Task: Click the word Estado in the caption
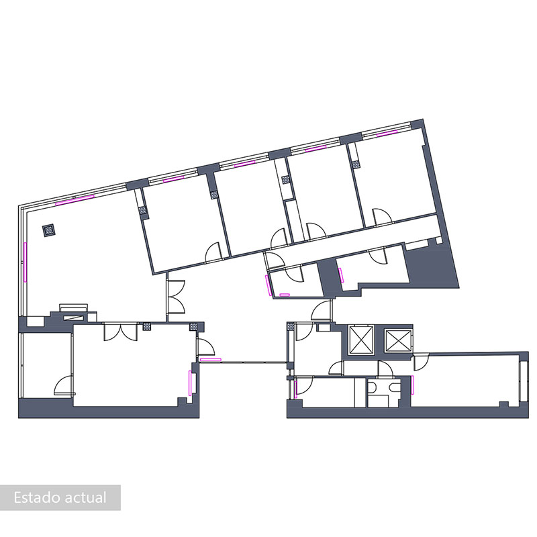[36, 498]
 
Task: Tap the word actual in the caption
[85, 498]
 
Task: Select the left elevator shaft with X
[360, 341]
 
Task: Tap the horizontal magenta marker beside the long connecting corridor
[210, 360]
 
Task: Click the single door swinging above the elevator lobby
[323, 310]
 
